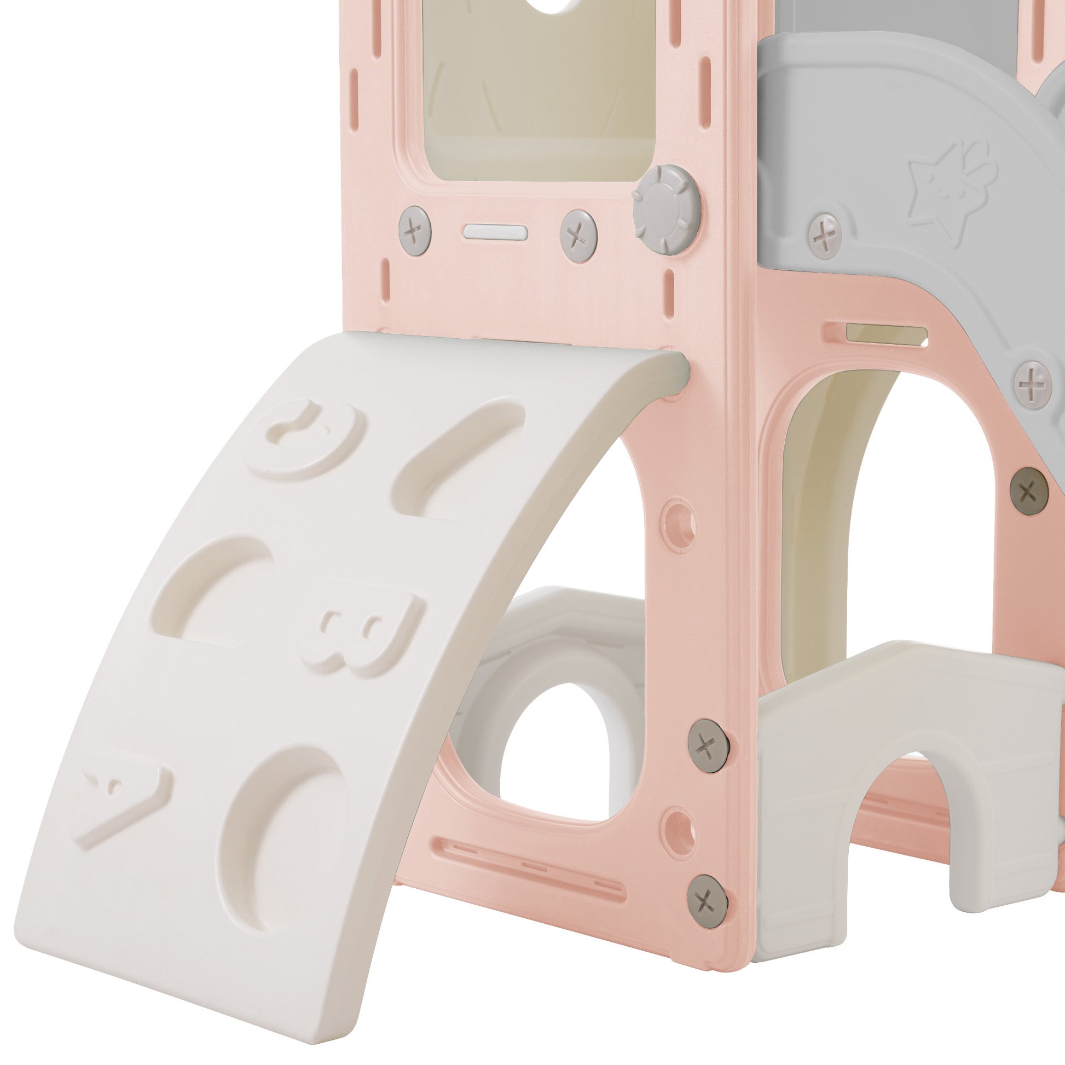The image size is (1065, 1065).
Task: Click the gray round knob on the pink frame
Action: pos(667,210)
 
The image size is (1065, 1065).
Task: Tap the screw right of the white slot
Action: pos(578,235)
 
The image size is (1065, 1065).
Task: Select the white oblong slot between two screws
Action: pos(495,232)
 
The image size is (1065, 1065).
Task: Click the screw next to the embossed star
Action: pos(824,235)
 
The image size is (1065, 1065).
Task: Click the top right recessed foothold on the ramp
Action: pos(459,459)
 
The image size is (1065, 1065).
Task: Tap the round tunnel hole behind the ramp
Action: pos(557,744)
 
